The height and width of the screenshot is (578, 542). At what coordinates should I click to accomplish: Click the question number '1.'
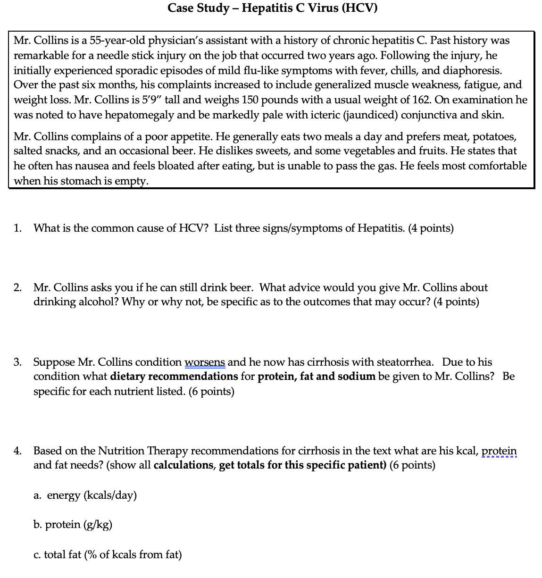point(17,228)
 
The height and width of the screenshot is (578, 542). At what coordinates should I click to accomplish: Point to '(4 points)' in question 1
point(431,228)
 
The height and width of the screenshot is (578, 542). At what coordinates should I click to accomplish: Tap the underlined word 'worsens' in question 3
point(205,362)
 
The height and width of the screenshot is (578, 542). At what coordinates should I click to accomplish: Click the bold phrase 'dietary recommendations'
point(174,377)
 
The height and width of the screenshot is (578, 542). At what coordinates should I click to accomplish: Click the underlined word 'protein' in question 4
point(499,451)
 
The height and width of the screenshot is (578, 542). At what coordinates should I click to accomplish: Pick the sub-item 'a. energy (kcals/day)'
point(85,495)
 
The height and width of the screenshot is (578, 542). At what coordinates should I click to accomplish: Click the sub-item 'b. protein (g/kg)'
point(73,525)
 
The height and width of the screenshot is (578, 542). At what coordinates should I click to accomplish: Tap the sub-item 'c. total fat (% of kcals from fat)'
point(108,554)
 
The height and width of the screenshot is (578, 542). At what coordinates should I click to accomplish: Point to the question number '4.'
point(17,451)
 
